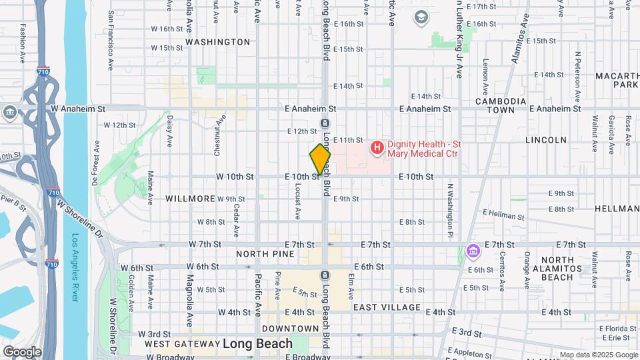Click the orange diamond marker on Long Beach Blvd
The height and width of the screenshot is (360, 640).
tap(320, 159)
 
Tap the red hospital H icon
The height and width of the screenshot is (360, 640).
tap(377, 146)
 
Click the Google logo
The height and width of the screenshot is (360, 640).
tap(21, 351)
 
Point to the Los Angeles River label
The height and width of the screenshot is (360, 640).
tap(75, 267)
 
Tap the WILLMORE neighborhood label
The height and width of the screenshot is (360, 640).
tap(190, 199)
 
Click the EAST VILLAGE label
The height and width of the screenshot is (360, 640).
tap(387, 307)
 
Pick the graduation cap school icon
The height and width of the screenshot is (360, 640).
tap(421, 17)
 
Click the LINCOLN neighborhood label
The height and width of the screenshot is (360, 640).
tap(546, 140)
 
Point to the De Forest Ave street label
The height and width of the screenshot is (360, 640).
tap(97, 157)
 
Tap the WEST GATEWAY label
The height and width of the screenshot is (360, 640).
tap(181, 344)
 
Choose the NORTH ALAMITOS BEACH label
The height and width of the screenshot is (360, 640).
tap(557, 268)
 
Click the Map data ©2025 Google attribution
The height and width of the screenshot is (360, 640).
tap(598, 355)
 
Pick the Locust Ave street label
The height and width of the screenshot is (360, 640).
tap(297, 200)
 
